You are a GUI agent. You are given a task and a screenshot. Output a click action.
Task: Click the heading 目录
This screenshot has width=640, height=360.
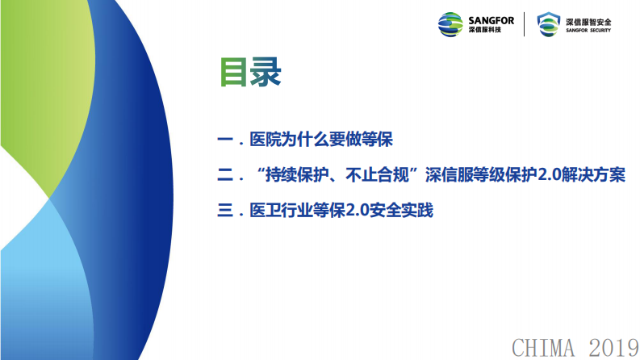pos(250,73)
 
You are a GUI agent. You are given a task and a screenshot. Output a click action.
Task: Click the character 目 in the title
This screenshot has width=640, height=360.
pos(235,73)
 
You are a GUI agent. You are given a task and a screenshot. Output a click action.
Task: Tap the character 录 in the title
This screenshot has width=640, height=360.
pos(266,73)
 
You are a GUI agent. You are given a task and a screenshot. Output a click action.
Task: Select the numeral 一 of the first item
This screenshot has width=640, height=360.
pos(225,140)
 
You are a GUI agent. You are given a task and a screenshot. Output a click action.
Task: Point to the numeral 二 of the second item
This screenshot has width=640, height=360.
pos(225,175)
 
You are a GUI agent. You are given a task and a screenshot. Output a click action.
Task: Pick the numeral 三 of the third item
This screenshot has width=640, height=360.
pos(225,211)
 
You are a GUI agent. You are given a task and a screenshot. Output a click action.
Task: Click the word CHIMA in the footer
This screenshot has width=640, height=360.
pos(545,347)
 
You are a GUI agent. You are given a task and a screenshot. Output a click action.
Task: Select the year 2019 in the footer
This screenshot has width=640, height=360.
pos(611,347)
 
